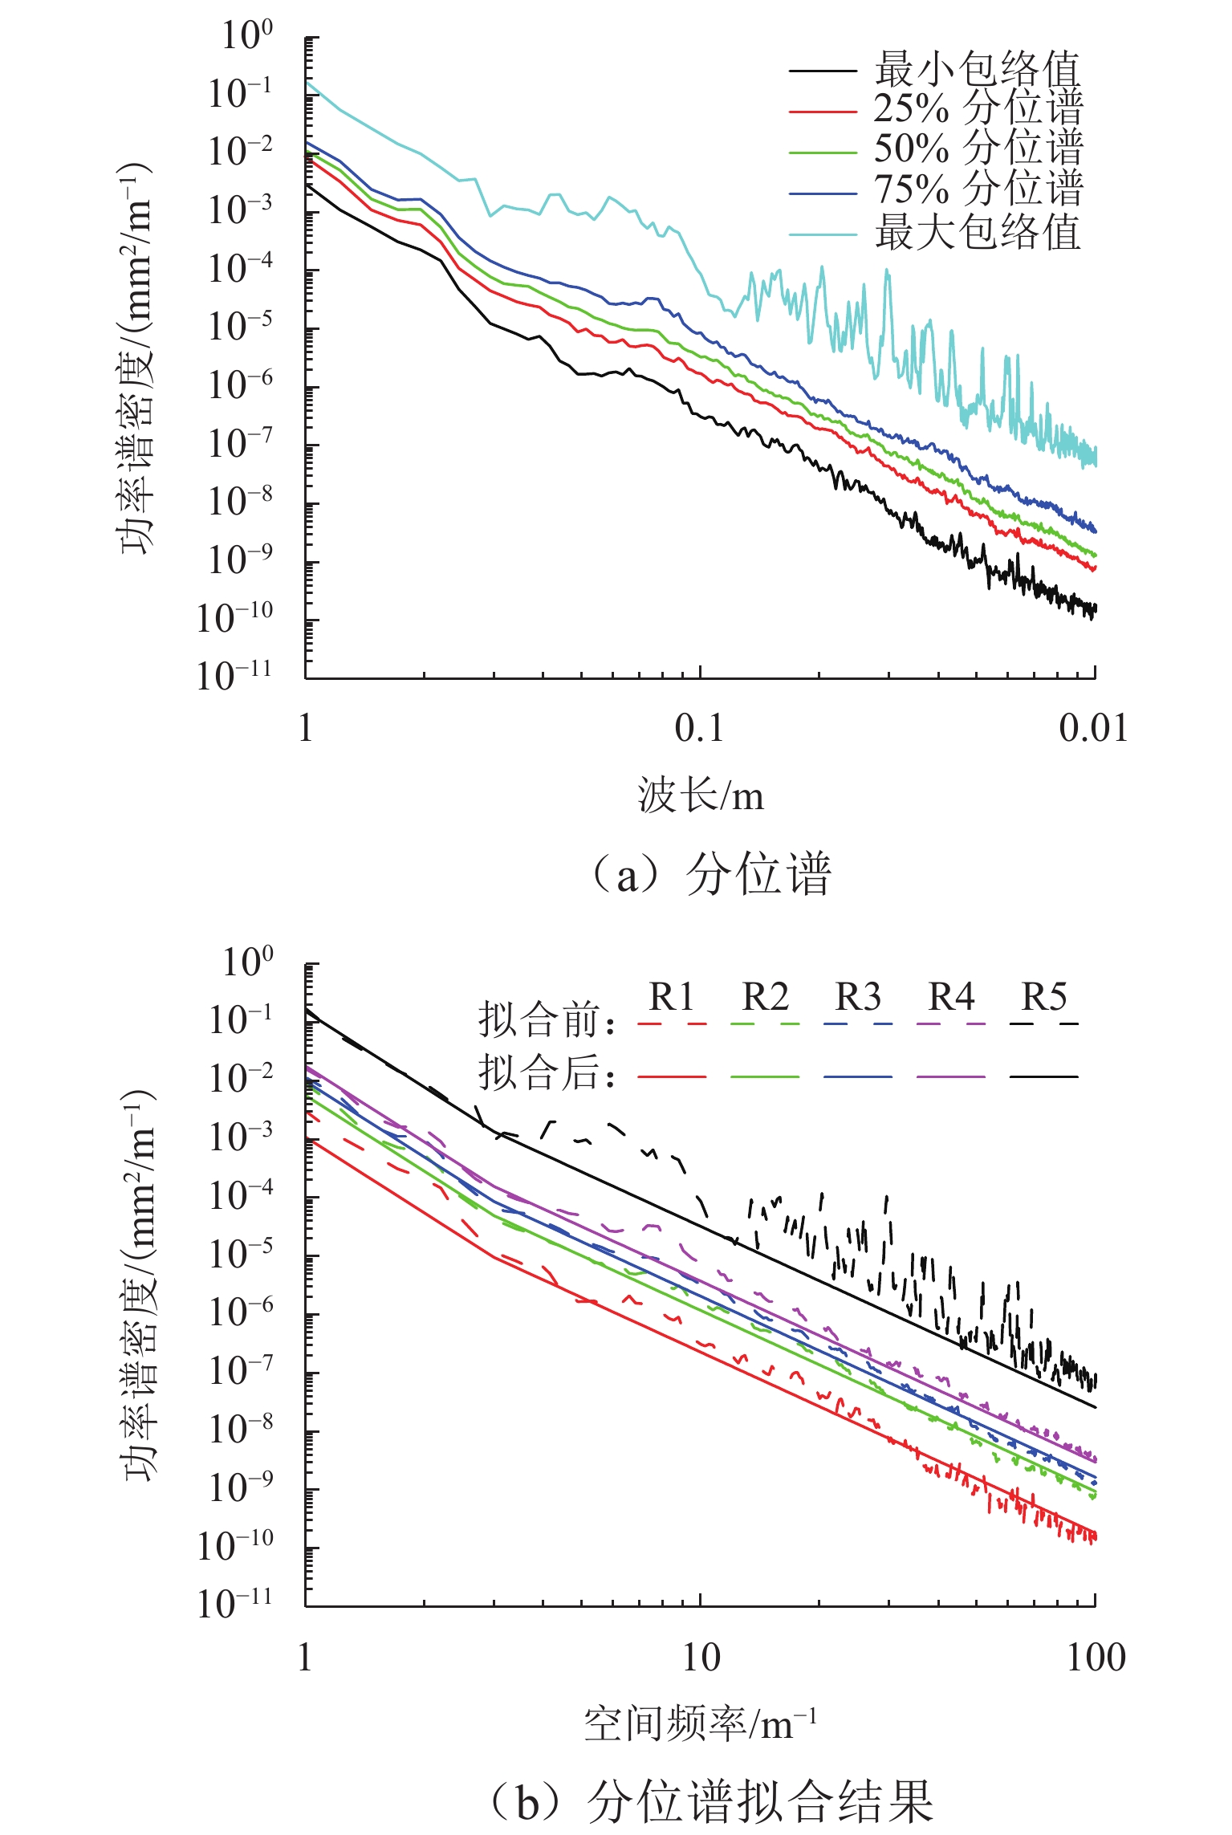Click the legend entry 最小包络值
[977, 69]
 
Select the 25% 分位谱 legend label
[978, 109]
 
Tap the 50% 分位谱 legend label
[978, 149]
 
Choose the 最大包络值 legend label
[977, 234]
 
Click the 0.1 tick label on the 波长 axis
[699, 728]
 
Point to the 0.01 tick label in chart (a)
[1093, 728]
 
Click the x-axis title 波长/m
[701, 796]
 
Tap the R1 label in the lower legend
[671, 997]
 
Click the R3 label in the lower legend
[858, 997]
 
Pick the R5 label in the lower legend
[1044, 997]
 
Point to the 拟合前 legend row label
[547, 1021]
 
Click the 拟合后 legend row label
[547, 1072]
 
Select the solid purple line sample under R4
[951, 1076]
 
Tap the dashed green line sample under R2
[765, 1024]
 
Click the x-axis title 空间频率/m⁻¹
[701, 1724]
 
